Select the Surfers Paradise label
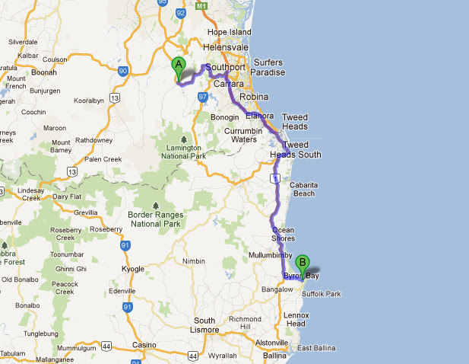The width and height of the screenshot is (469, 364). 269,68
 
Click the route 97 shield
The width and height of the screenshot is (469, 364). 203,97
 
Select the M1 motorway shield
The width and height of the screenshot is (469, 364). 201,5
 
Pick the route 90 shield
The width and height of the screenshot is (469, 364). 122,70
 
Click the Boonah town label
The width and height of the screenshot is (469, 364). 44,72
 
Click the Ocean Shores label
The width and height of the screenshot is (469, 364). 283,234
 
